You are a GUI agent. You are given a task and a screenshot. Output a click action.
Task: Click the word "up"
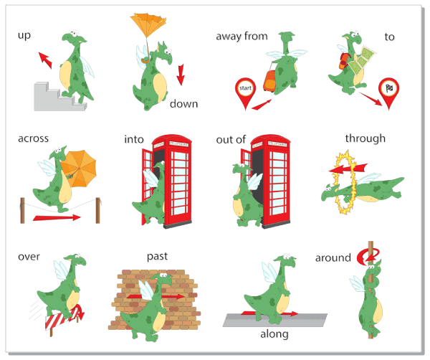[x=24, y=36]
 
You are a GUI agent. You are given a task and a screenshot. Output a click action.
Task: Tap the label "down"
[x=183, y=104]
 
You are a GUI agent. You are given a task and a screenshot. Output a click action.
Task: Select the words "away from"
[x=242, y=37]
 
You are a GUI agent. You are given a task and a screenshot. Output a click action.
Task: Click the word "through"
[x=365, y=139]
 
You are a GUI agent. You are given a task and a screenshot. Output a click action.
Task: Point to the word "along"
[x=274, y=334]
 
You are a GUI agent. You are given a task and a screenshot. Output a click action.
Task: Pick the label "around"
[x=333, y=258]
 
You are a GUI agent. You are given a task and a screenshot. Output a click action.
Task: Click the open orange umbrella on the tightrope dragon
[x=79, y=168]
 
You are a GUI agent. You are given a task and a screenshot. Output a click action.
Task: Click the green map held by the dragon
[x=362, y=61]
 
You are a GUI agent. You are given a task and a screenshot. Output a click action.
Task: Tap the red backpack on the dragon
[x=344, y=61]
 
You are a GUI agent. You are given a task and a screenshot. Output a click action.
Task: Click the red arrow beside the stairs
[x=45, y=60]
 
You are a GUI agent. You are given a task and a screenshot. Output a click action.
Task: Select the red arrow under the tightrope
[x=57, y=218]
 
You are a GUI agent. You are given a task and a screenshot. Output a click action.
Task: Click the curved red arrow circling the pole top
[x=368, y=257]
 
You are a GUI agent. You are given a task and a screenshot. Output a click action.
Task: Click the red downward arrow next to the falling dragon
[x=181, y=75]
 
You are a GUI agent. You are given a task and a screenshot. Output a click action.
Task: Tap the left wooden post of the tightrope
[x=22, y=210]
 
